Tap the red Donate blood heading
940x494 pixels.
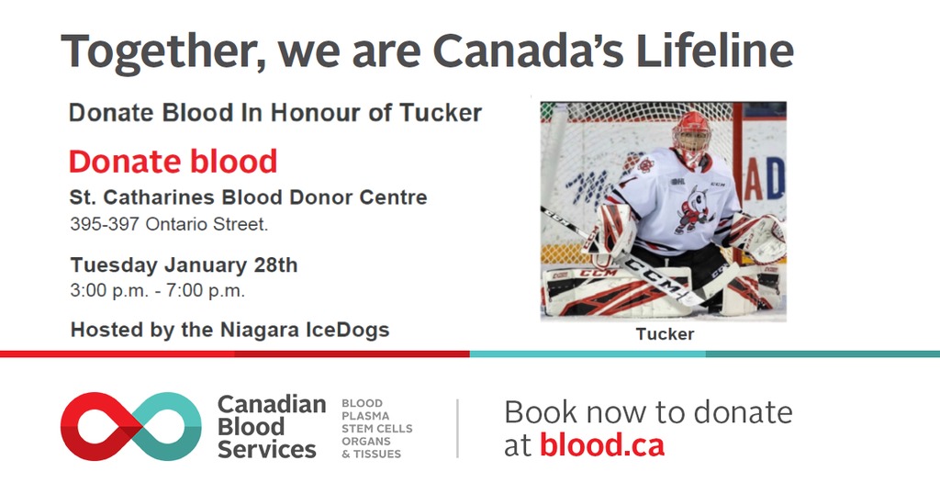click(x=173, y=162)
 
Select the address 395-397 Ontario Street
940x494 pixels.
click(x=169, y=224)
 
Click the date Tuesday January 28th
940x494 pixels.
click(x=184, y=265)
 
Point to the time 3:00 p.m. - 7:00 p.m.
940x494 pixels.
click(x=158, y=291)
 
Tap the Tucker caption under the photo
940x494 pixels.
click(x=665, y=334)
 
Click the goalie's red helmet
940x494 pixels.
click(x=692, y=138)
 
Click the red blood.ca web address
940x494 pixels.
click(x=602, y=445)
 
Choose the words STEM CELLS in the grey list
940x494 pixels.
click(x=377, y=429)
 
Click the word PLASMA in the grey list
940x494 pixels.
click(x=365, y=416)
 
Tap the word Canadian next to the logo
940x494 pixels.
click(x=272, y=405)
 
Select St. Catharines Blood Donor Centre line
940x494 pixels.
click(x=248, y=197)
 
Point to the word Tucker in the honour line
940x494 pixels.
click(x=441, y=113)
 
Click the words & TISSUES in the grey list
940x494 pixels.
click(x=371, y=455)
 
